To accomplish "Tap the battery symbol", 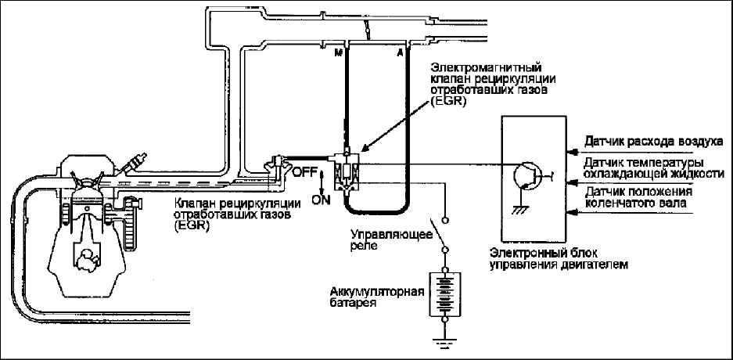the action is click(444, 294).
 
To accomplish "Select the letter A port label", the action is click(400, 52).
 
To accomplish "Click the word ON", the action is click(321, 200).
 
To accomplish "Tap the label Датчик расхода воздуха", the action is click(653, 141).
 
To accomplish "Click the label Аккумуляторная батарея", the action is click(377, 297).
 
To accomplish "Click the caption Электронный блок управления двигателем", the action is click(559, 259).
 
